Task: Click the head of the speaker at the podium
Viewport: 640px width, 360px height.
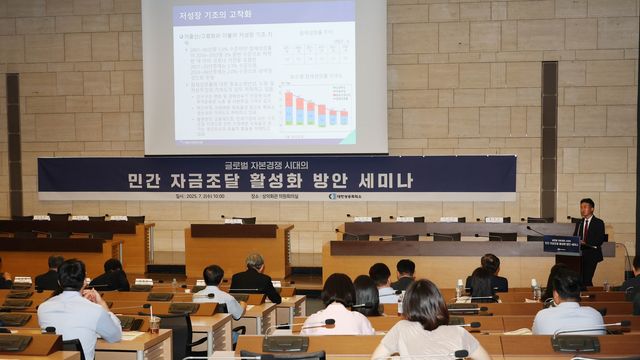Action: pos(587,206)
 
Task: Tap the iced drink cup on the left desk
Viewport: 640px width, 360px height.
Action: pos(154,322)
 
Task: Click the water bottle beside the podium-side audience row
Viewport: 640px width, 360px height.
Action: pos(459,289)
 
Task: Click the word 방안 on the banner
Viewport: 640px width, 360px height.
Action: pos(351,181)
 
